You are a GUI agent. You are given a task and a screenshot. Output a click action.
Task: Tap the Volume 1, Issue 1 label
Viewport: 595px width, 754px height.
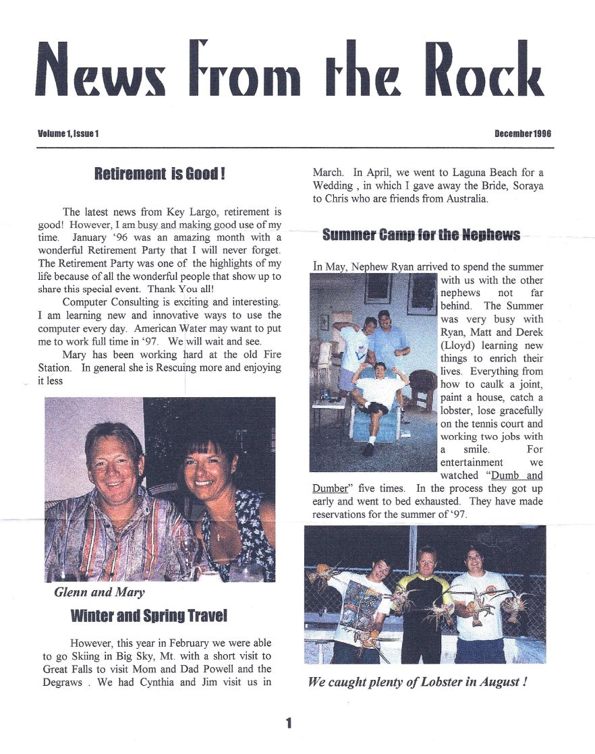(x=69, y=134)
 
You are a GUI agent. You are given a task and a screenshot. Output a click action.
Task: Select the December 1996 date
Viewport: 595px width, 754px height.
(x=523, y=134)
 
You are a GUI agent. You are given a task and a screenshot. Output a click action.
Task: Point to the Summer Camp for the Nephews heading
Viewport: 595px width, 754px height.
(x=421, y=235)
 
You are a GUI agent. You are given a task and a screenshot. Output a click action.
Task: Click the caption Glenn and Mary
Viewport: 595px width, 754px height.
(x=99, y=593)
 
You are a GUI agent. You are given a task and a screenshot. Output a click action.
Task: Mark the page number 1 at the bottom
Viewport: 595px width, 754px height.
(x=289, y=724)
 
